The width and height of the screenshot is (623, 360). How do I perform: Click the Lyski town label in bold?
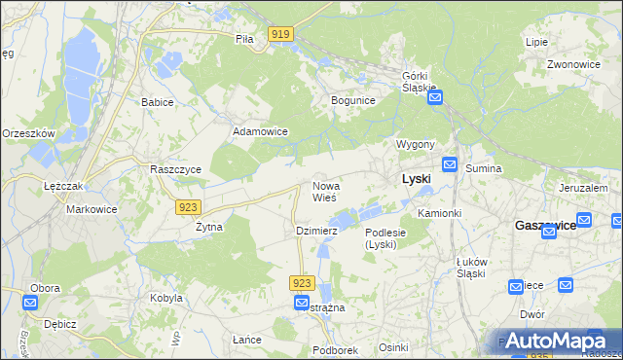click(417, 180)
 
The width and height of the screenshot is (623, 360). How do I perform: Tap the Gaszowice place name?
click(544, 225)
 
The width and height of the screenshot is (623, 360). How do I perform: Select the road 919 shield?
click(281, 35)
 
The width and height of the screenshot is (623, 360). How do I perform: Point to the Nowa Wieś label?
click(325, 192)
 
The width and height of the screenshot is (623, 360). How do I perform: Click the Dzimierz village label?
click(316, 231)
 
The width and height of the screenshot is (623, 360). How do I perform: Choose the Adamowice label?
click(260, 130)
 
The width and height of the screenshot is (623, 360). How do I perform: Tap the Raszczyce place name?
click(175, 168)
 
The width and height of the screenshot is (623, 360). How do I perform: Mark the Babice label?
click(157, 102)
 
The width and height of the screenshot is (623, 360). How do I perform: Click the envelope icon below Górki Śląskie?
click(435, 97)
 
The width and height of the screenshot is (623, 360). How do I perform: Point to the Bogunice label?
click(353, 100)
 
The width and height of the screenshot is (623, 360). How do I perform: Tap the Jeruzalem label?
click(583, 188)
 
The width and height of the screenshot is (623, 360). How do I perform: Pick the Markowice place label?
click(91, 209)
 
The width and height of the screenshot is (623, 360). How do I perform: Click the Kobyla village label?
click(165, 298)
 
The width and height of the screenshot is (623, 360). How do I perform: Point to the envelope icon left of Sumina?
click(450, 165)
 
